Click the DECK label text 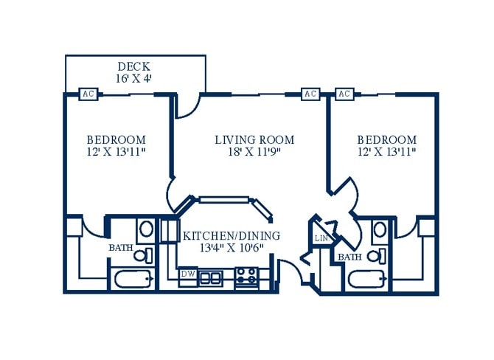point(134,66)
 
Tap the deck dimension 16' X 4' point(134,78)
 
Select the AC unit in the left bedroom point(88,94)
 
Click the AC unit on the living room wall point(310,94)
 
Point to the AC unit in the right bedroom point(344,94)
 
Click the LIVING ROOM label point(254,139)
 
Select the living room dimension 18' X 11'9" point(254,152)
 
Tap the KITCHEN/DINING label point(232,236)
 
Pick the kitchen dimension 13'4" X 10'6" point(232,248)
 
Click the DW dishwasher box point(188,274)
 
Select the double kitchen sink point(210,278)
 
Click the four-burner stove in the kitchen point(247,275)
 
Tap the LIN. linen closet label point(321,238)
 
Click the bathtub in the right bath point(368,279)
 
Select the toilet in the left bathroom point(143,255)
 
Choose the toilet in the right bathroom point(377,256)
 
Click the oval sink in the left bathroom point(146,229)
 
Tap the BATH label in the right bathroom point(349,257)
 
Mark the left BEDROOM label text point(116,139)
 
